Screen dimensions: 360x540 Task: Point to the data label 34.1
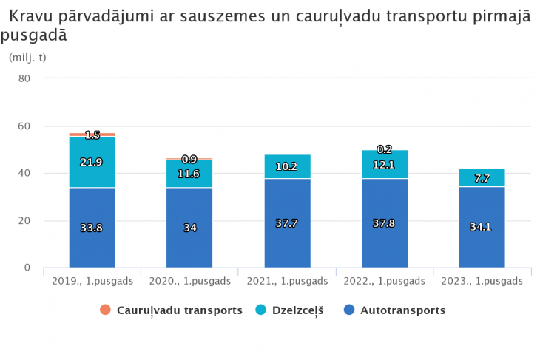481,227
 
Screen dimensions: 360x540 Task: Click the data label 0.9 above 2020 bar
189,159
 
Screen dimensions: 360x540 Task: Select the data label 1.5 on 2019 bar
92,135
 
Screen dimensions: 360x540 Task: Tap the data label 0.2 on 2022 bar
385,149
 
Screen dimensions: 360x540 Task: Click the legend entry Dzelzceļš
291,310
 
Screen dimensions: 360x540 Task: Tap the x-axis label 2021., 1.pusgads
287,281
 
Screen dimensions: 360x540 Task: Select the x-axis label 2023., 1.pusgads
482,281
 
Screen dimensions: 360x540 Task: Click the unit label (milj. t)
27,57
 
